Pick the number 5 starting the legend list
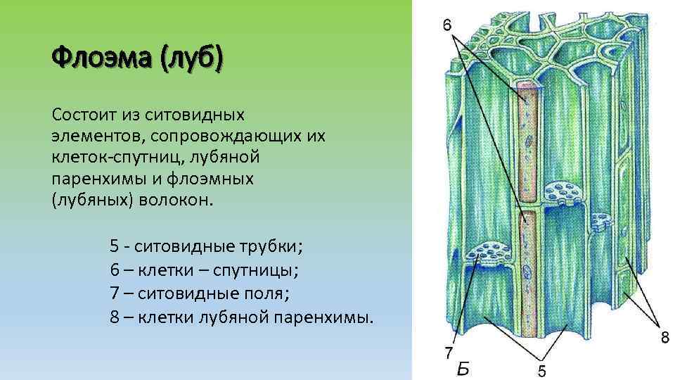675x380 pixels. (114, 247)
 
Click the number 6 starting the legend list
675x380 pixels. (114, 270)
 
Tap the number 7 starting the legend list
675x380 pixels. (114, 293)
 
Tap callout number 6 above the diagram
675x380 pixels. (446, 25)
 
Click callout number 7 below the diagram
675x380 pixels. (448, 351)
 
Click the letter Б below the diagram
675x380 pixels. (463, 368)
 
